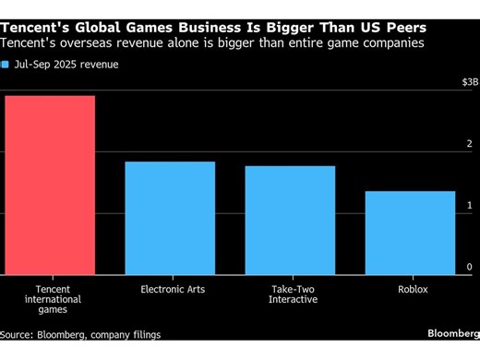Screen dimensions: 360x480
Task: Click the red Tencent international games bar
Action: click(x=49, y=185)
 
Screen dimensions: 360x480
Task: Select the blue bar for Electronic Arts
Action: click(x=170, y=218)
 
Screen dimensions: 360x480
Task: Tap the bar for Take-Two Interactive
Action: click(x=289, y=220)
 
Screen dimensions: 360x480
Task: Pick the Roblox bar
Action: click(x=410, y=233)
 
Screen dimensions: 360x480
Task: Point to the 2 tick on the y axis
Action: click(x=469, y=143)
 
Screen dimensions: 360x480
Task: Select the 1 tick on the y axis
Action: click(x=469, y=204)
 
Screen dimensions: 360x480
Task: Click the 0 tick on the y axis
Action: click(x=469, y=266)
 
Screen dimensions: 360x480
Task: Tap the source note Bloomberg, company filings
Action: click(x=80, y=334)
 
